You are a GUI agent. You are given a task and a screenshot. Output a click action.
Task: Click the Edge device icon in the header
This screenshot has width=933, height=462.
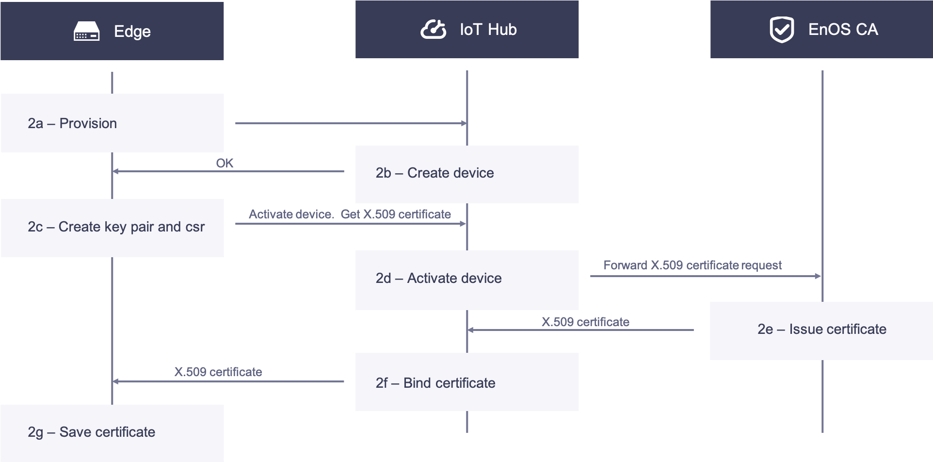point(86,32)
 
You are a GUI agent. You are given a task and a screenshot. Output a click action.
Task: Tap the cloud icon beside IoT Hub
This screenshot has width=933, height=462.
point(433,30)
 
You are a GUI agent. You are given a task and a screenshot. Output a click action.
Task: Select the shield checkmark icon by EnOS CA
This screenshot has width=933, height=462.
point(782,30)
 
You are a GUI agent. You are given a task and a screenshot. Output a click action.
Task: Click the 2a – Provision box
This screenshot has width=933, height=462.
point(112,123)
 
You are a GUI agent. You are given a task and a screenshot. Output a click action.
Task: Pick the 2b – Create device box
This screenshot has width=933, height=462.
point(466,174)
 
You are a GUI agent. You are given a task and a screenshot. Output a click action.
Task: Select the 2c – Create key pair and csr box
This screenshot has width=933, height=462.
point(112,228)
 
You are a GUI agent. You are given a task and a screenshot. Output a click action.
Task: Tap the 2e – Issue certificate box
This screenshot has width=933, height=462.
point(821,330)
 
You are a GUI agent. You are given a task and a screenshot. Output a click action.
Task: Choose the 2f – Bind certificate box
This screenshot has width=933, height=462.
point(466,382)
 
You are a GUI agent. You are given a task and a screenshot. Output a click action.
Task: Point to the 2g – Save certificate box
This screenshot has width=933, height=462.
point(112,432)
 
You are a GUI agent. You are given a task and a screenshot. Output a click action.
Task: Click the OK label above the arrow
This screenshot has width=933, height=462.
point(225,163)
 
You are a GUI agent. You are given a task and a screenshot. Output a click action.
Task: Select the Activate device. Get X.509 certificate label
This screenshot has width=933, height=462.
point(350,214)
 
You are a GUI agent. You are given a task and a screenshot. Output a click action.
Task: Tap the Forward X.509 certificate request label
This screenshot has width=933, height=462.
point(692,265)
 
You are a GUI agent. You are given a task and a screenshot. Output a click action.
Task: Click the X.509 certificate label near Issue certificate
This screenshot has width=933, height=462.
point(585,322)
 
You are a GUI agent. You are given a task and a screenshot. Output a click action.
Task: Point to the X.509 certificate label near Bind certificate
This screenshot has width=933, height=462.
point(218,372)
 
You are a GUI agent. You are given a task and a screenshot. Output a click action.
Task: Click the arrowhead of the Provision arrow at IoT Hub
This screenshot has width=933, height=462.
point(464,123)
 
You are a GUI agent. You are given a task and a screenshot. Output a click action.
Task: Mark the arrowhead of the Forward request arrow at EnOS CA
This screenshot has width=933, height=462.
point(819,276)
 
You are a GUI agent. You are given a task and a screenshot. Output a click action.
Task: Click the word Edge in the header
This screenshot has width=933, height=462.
point(132,32)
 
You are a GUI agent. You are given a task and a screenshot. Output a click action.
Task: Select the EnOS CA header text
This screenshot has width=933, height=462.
point(843,30)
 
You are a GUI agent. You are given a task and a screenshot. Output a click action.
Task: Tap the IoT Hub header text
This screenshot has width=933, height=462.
point(488,30)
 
